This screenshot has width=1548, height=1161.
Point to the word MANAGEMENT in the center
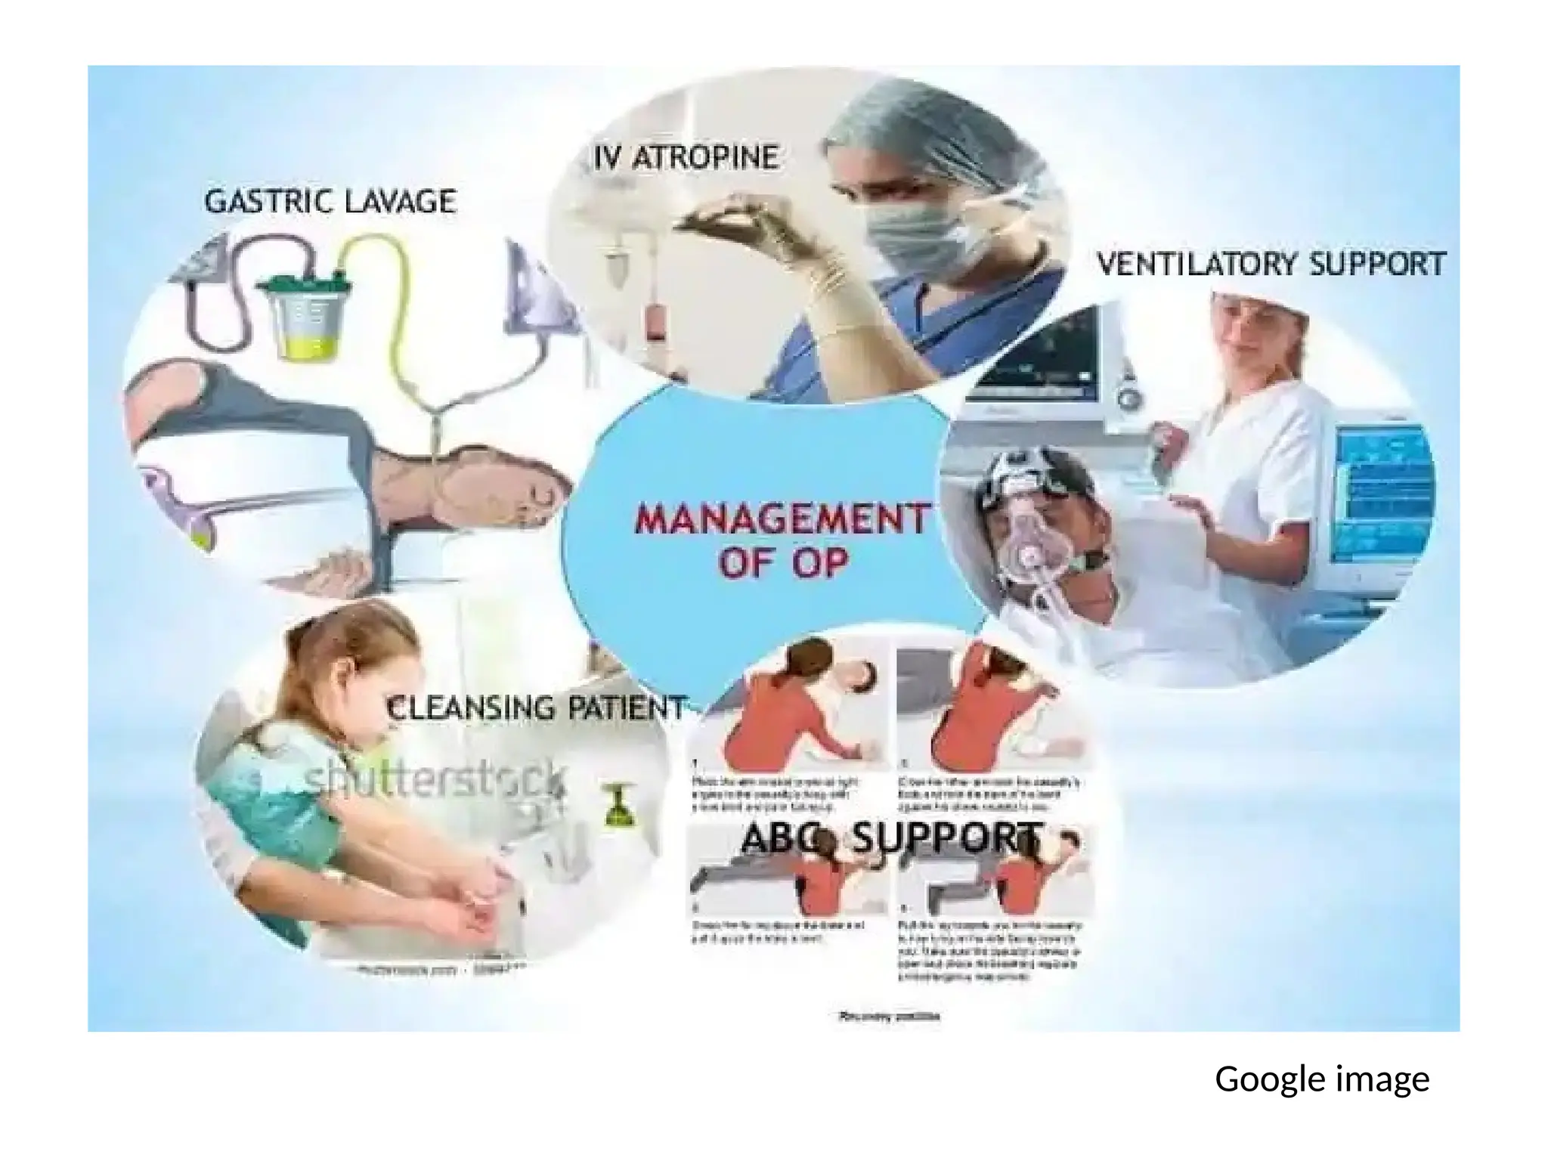[x=782, y=520]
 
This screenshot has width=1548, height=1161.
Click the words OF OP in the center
[x=783, y=563]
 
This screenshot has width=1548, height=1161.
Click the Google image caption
[x=1321, y=1079]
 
